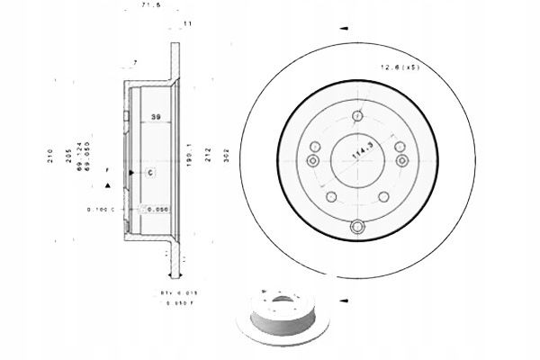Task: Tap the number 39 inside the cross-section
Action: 156,117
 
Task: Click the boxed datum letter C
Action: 151,171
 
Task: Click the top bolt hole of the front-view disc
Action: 357,115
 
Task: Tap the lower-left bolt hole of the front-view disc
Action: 331,196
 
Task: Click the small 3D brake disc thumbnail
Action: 282,315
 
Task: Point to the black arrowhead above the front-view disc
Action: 343,29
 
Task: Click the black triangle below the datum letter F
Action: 109,184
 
